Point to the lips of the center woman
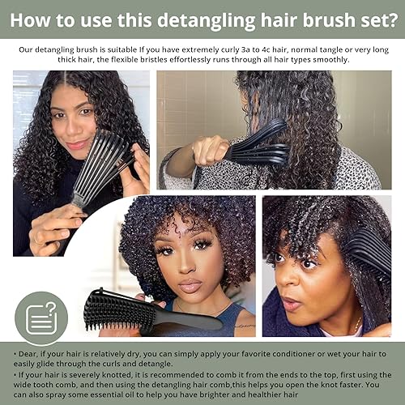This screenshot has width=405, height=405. click(189, 285)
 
